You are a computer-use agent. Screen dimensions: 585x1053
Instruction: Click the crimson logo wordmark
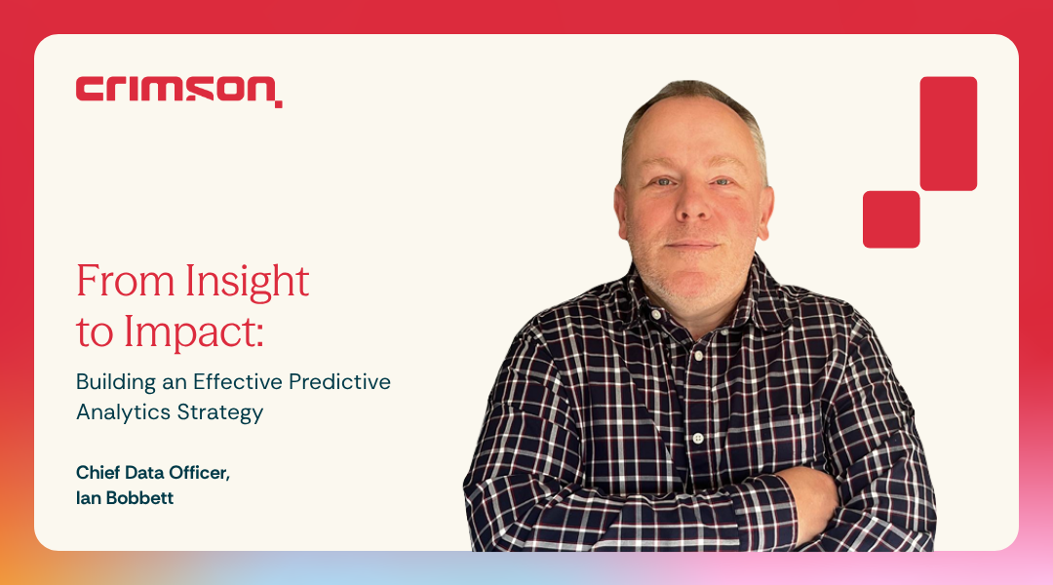pyautogui.click(x=178, y=91)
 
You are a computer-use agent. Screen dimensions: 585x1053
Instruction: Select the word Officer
pyautogui.click(x=201, y=473)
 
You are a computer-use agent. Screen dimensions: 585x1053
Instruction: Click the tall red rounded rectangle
pyautogui.click(x=948, y=134)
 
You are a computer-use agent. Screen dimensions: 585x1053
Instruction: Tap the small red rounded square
pyautogui.click(x=891, y=219)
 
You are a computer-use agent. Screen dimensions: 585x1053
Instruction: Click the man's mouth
pyautogui.click(x=691, y=245)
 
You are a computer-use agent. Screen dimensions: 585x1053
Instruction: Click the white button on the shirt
pyautogui.click(x=697, y=439)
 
